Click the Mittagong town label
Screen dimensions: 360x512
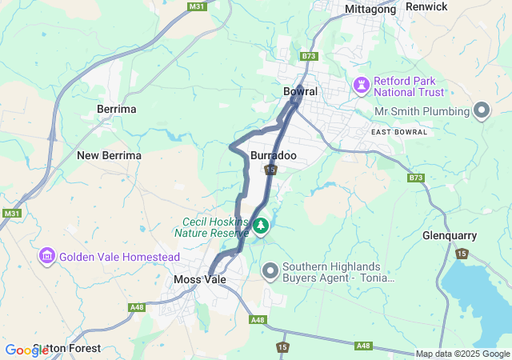370,9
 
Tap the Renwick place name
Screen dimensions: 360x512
426,6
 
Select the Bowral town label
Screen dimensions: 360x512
300,91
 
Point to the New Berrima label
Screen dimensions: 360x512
109,155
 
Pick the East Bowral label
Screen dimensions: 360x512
399,131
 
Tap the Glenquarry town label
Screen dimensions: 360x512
450,235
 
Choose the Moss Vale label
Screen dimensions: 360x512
200,279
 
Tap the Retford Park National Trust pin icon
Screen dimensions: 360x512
362,83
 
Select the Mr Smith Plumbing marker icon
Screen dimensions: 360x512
482,110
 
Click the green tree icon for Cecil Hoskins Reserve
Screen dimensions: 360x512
261,227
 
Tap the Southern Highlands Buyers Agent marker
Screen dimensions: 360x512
270,272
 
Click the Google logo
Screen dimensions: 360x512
26,350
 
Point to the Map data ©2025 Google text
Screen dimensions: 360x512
462,354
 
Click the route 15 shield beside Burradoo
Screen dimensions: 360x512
272,170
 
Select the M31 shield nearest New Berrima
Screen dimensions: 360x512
11,214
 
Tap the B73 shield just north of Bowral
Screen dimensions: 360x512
310,56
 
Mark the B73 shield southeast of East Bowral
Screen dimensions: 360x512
414,178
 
